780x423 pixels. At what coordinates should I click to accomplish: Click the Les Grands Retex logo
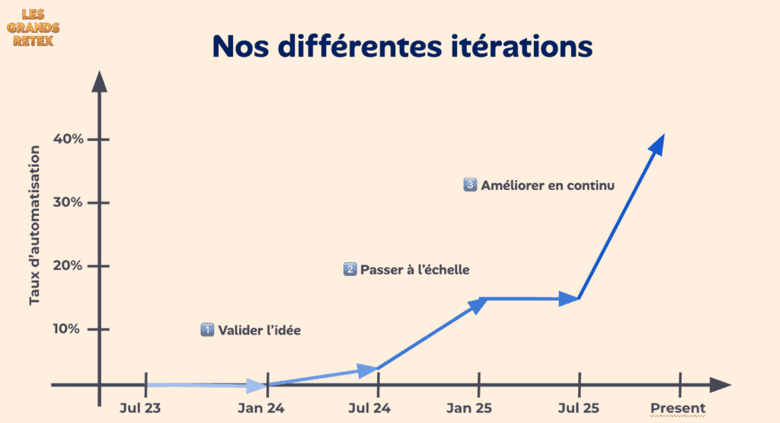pos(36,27)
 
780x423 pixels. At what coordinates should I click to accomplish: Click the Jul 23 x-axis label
pos(140,409)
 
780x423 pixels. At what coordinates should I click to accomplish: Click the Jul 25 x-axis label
pos(578,409)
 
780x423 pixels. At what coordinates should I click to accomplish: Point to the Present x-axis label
pos(678,409)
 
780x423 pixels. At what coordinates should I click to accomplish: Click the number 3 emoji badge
pos(470,184)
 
